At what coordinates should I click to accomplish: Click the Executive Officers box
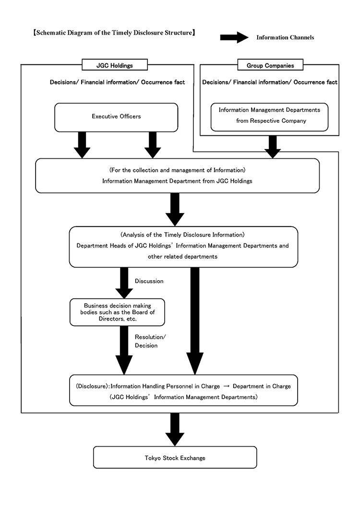(116, 118)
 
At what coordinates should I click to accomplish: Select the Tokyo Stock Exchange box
(175, 457)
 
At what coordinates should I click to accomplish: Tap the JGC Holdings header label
(115, 65)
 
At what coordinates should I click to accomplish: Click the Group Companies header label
(270, 65)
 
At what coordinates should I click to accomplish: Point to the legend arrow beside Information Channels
(234, 37)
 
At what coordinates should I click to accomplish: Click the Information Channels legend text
(285, 37)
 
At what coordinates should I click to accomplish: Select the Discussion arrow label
(149, 281)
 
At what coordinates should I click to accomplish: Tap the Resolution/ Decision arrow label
(150, 341)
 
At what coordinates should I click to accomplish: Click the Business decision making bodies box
(117, 312)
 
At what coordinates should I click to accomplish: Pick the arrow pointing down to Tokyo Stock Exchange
(175, 429)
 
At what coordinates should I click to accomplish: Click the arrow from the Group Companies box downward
(273, 147)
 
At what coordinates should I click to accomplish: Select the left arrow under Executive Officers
(82, 145)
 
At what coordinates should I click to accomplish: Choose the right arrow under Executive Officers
(153, 145)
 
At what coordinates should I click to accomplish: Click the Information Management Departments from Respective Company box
(269, 117)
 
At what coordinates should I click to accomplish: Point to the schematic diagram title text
(114, 33)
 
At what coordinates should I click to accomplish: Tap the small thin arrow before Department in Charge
(227, 386)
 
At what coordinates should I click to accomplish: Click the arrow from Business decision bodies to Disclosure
(124, 351)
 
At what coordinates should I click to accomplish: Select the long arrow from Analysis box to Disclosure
(195, 321)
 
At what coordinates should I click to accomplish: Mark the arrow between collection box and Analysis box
(175, 209)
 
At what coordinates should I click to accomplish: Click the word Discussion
(149, 281)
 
